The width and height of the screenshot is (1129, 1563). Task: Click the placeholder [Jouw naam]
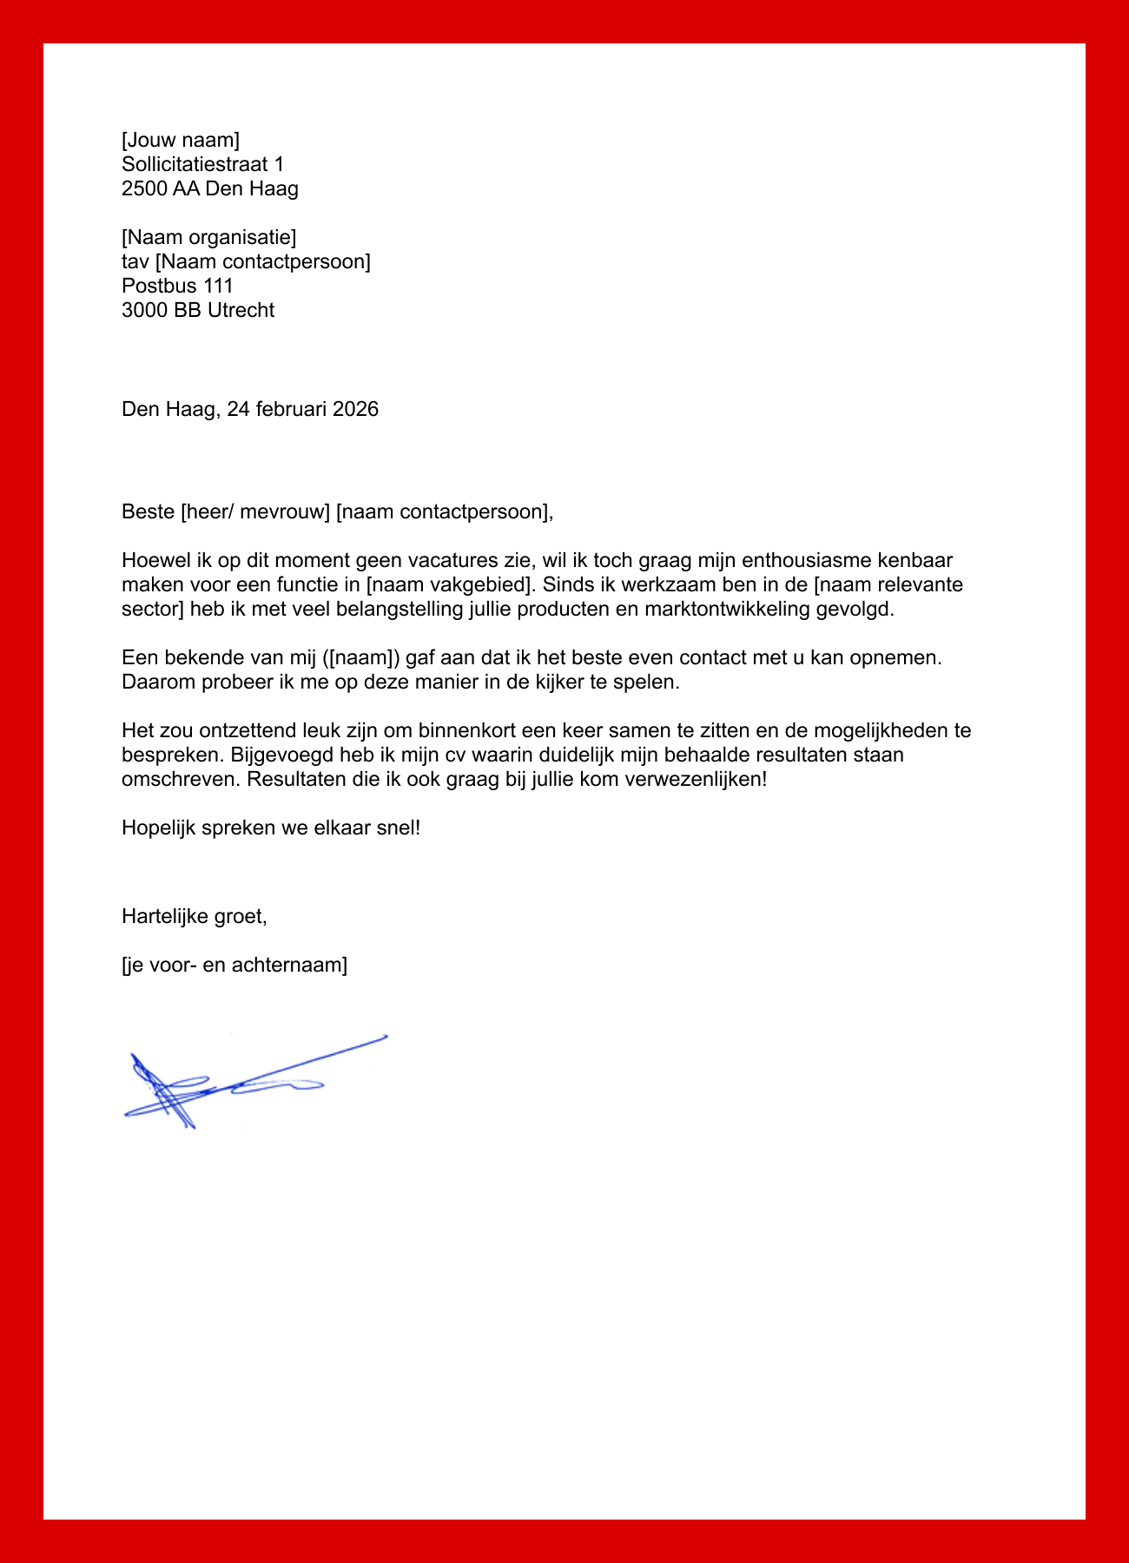click(180, 140)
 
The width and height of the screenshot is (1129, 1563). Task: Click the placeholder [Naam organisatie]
click(208, 237)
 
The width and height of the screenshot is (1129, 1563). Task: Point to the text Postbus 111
click(177, 286)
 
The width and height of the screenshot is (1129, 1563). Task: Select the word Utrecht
click(241, 310)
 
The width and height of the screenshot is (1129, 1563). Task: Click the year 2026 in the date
click(355, 409)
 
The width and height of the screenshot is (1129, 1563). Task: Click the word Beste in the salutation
click(148, 511)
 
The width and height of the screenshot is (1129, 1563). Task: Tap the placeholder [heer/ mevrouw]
click(255, 511)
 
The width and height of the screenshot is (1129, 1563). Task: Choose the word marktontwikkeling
click(727, 609)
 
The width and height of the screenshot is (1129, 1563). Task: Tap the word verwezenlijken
click(693, 779)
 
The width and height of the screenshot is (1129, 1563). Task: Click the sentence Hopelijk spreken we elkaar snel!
click(271, 828)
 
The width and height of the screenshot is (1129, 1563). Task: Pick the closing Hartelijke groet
click(194, 916)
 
